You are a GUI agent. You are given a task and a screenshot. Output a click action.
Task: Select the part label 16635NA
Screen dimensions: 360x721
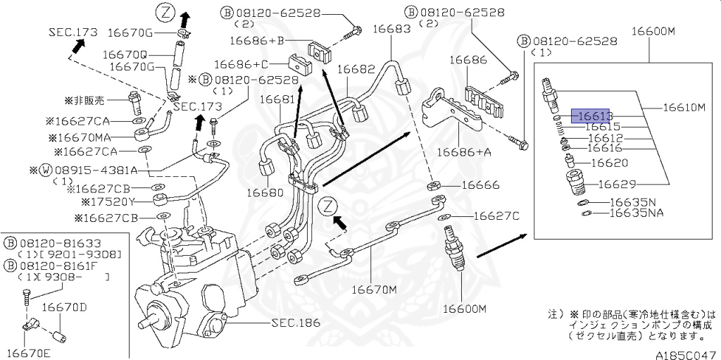(x=636, y=212)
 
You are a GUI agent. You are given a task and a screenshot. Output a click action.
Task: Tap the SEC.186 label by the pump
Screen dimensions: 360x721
(x=295, y=323)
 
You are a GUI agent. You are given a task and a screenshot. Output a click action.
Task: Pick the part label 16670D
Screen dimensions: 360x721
(x=63, y=307)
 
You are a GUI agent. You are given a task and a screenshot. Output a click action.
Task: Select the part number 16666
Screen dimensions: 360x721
(x=480, y=185)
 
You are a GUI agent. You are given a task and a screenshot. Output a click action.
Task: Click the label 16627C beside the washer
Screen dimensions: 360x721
(x=496, y=216)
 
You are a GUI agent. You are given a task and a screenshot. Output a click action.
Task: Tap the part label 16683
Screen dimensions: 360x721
(x=391, y=30)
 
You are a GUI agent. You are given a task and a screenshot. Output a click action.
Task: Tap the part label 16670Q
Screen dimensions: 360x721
(x=125, y=54)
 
